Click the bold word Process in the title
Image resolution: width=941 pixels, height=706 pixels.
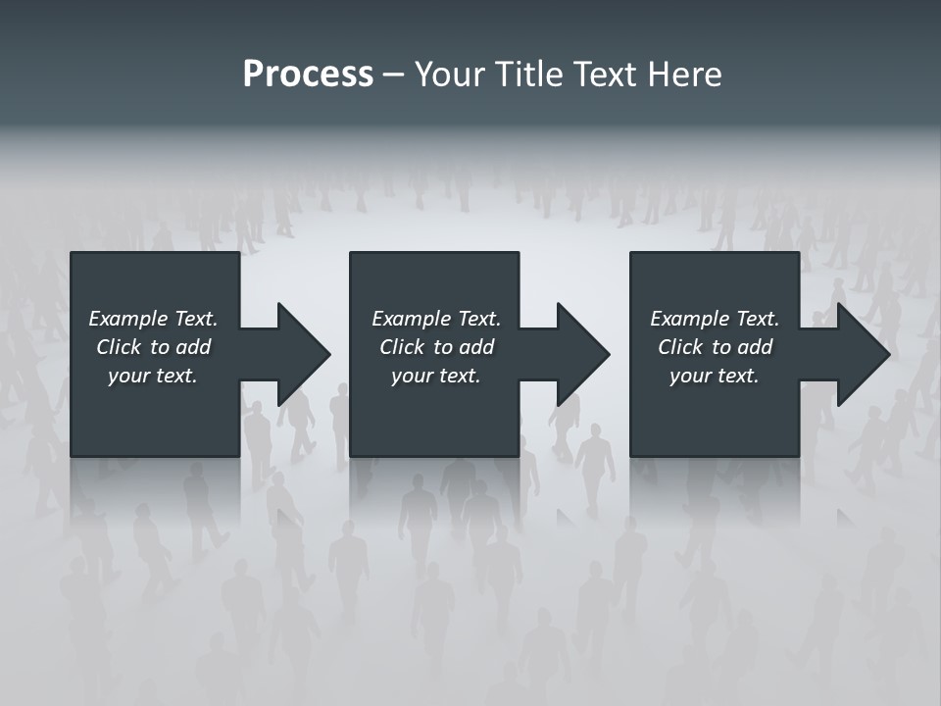click(308, 75)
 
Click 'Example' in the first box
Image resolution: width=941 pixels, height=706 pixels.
click(128, 319)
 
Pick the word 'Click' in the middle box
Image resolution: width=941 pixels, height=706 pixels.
click(402, 347)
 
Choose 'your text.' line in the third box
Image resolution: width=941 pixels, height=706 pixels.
click(715, 376)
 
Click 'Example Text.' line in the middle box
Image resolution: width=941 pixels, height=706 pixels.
click(436, 319)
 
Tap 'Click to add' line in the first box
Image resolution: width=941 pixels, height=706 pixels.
click(154, 347)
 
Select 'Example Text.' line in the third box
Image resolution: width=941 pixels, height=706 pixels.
click(715, 319)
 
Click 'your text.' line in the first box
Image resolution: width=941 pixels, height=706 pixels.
click(154, 376)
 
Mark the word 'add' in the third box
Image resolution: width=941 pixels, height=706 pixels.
click(755, 347)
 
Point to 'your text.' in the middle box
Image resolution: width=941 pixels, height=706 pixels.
click(436, 376)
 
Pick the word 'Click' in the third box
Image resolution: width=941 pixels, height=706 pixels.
click(680, 347)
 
